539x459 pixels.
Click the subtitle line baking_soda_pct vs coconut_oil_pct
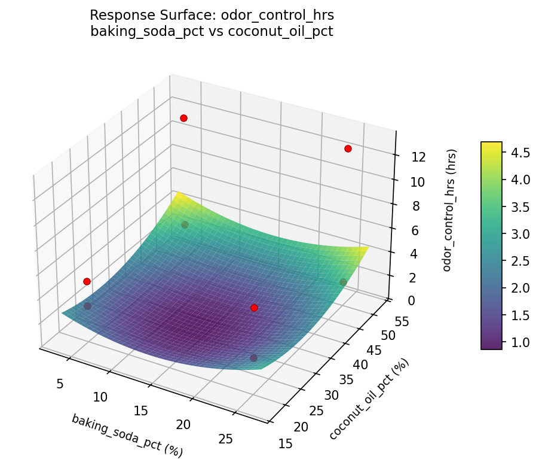tap(212, 31)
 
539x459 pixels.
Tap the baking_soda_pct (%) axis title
tap(127, 435)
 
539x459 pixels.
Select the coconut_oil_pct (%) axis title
tap(369, 400)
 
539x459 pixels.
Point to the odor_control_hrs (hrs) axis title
tap(454, 209)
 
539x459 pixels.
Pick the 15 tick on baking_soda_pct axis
tap(140, 411)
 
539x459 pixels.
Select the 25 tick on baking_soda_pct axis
tap(225, 439)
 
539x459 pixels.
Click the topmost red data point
tap(183, 118)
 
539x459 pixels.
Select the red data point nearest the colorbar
tap(348, 148)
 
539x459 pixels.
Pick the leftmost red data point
tap(87, 281)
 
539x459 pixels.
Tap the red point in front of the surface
tap(254, 308)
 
